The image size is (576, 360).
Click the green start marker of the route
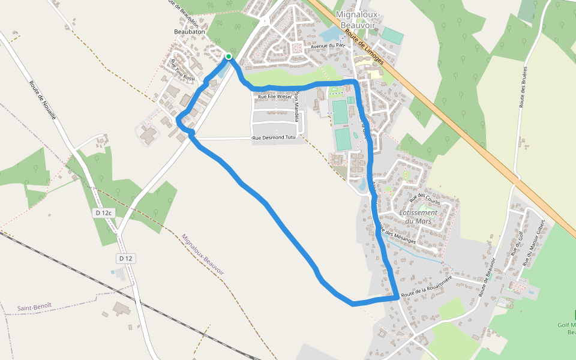228,57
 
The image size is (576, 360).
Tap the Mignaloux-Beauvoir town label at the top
359,20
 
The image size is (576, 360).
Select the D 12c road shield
104,213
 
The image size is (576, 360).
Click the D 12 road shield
125,258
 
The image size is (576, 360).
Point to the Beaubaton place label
190,31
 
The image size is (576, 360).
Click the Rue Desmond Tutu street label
275,139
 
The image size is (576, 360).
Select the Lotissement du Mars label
418,217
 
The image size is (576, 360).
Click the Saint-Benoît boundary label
34,307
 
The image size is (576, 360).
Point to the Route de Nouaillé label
42,100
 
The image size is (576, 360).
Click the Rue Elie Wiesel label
274,96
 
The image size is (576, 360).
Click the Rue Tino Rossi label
182,71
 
